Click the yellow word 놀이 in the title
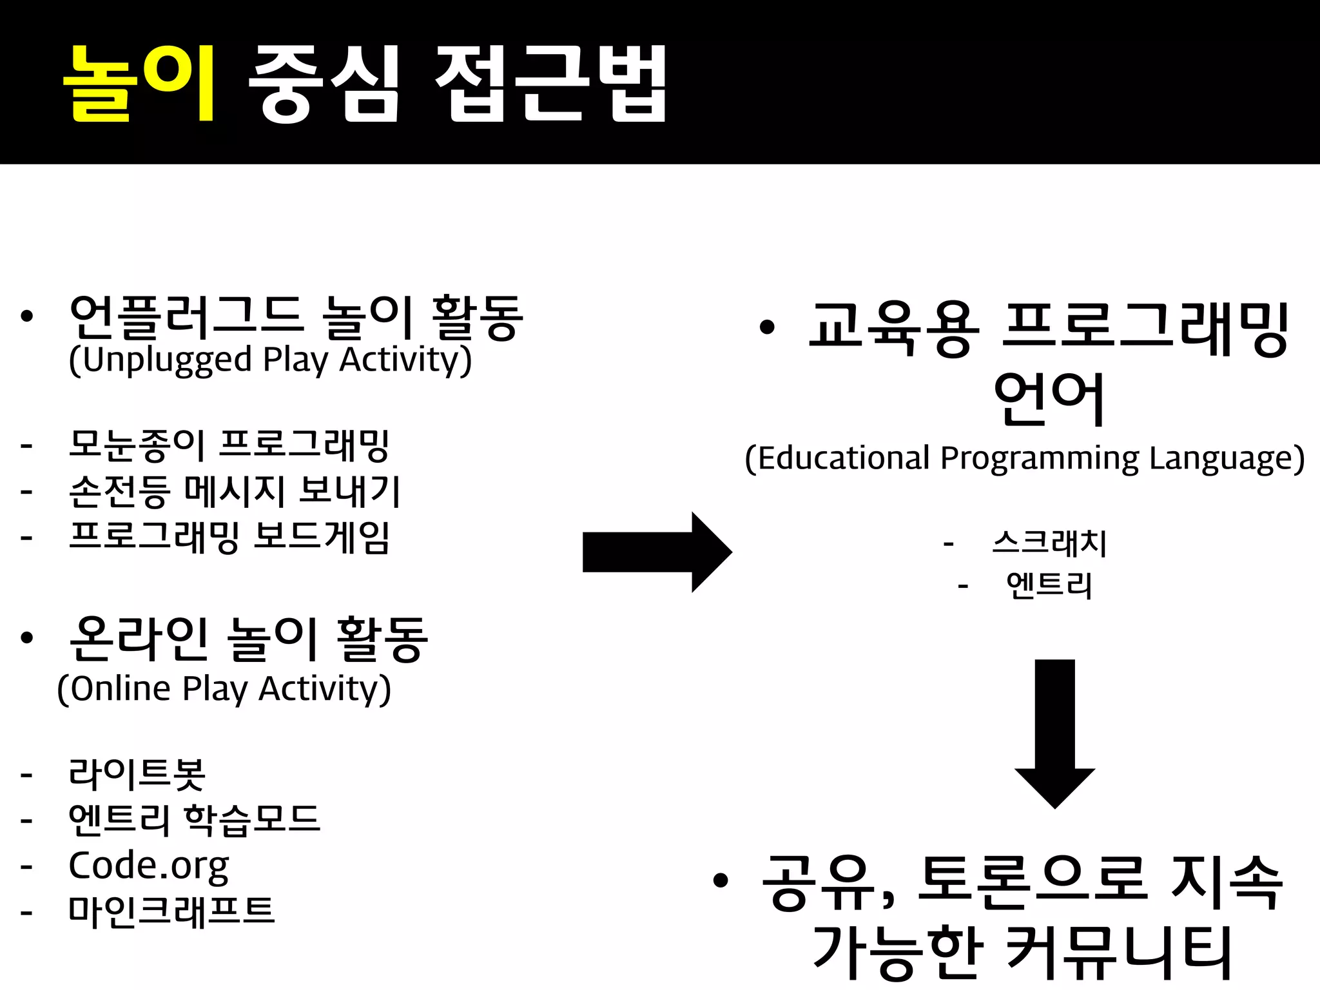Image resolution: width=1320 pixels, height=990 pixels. point(139,83)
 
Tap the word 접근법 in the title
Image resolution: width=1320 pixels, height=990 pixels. point(551,83)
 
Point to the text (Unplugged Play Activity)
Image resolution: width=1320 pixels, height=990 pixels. point(271,360)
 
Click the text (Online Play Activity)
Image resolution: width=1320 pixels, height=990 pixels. point(224,689)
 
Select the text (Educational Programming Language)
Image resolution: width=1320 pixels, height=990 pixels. point(1025,458)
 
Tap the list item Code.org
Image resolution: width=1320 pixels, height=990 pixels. point(149,866)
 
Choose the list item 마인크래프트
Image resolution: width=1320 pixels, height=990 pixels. point(171,911)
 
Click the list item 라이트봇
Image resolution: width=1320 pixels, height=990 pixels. point(137,773)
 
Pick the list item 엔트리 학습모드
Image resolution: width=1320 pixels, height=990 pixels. point(194,820)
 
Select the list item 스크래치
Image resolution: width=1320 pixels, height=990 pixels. point(1049,543)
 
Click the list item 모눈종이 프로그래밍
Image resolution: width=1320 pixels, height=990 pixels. point(229,445)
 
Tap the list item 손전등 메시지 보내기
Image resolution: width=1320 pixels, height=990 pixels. point(235,491)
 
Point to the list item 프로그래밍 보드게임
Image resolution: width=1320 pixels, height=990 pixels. point(229,537)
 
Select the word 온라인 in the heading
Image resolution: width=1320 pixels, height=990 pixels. point(139,639)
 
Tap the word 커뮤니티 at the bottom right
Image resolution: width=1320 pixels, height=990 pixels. point(1118,952)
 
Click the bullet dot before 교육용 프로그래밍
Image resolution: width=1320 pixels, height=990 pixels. point(766,327)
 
